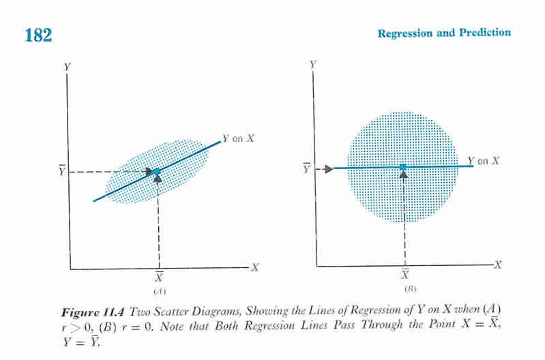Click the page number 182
coord(38,34)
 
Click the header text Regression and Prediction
coord(443,33)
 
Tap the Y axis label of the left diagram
coord(67,67)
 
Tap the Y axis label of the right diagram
coord(312,64)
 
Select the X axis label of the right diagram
coord(497,265)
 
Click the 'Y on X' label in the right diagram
coord(484,161)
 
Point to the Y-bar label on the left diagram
coord(62,170)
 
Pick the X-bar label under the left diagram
coord(159,277)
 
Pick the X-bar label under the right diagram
coord(404,275)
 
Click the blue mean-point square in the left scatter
coord(157,172)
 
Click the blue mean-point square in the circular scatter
coord(403,167)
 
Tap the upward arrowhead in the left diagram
coord(158,179)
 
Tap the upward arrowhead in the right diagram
coord(403,175)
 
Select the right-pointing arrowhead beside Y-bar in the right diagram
coord(329,169)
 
